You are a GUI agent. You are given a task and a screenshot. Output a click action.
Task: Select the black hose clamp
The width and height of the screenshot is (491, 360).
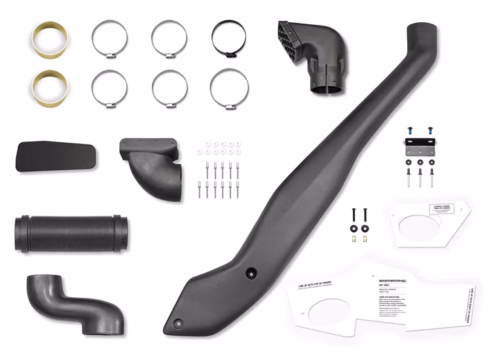click(x=229, y=39)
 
